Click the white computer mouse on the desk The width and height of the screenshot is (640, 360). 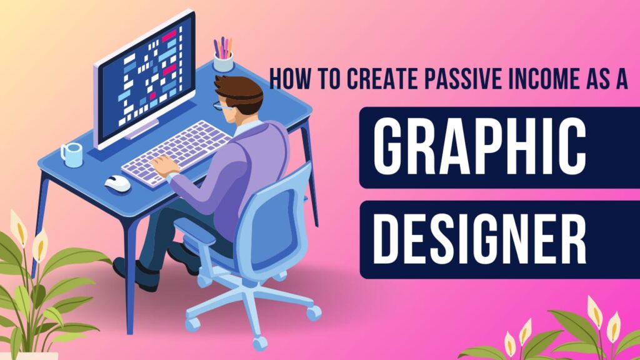pyautogui.click(x=117, y=182)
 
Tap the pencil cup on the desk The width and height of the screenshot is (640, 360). pyautogui.click(x=223, y=61)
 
